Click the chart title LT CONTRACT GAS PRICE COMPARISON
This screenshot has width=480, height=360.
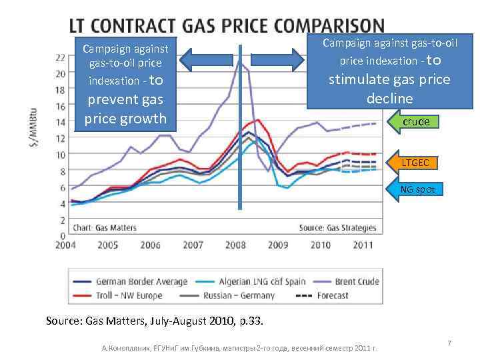pyautogui.click(x=227, y=26)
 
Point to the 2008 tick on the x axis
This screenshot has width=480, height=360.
pyautogui.click(x=235, y=245)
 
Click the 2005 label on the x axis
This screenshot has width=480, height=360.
pyautogui.click(x=108, y=245)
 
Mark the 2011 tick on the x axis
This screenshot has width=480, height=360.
pyautogui.click(x=363, y=245)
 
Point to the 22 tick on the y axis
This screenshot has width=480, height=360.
pyautogui.click(x=60, y=57)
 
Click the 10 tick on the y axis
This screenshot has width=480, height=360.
pyautogui.click(x=60, y=155)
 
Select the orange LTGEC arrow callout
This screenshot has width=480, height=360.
pyautogui.click(x=413, y=162)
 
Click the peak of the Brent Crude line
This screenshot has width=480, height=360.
pyautogui.click(x=239, y=61)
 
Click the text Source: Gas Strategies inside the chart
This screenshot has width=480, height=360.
pyautogui.click(x=337, y=227)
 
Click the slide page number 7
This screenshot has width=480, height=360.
pyautogui.click(x=449, y=343)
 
